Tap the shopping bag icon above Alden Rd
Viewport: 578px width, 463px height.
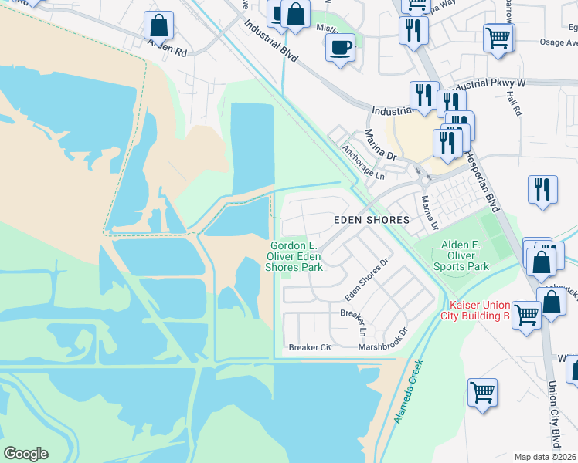158,25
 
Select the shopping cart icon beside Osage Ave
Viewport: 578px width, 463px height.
498,36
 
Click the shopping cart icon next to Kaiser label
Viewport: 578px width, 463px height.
526,315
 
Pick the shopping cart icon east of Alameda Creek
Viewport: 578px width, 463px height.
483,392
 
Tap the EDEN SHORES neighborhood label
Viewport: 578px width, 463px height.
371,220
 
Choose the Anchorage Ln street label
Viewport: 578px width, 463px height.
362,162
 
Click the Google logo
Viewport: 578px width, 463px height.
25,454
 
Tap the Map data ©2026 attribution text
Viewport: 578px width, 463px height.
545,457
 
